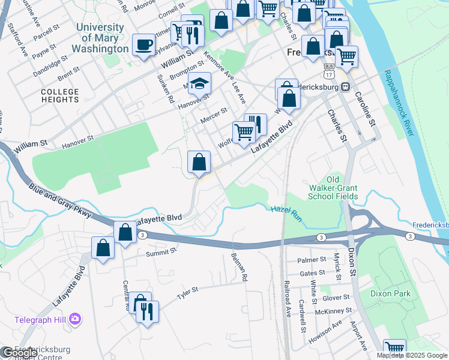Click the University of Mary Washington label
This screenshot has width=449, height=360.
[x=102, y=38]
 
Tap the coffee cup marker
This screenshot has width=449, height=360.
[x=143, y=45]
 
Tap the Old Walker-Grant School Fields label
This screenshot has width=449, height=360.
[x=333, y=188]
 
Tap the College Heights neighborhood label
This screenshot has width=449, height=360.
[x=60, y=95]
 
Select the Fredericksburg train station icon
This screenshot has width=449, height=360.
[x=345, y=87]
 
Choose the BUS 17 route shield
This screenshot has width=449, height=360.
[x=328, y=70]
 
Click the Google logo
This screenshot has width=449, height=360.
[x=20, y=353]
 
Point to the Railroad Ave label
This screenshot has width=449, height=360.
[x=288, y=298]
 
